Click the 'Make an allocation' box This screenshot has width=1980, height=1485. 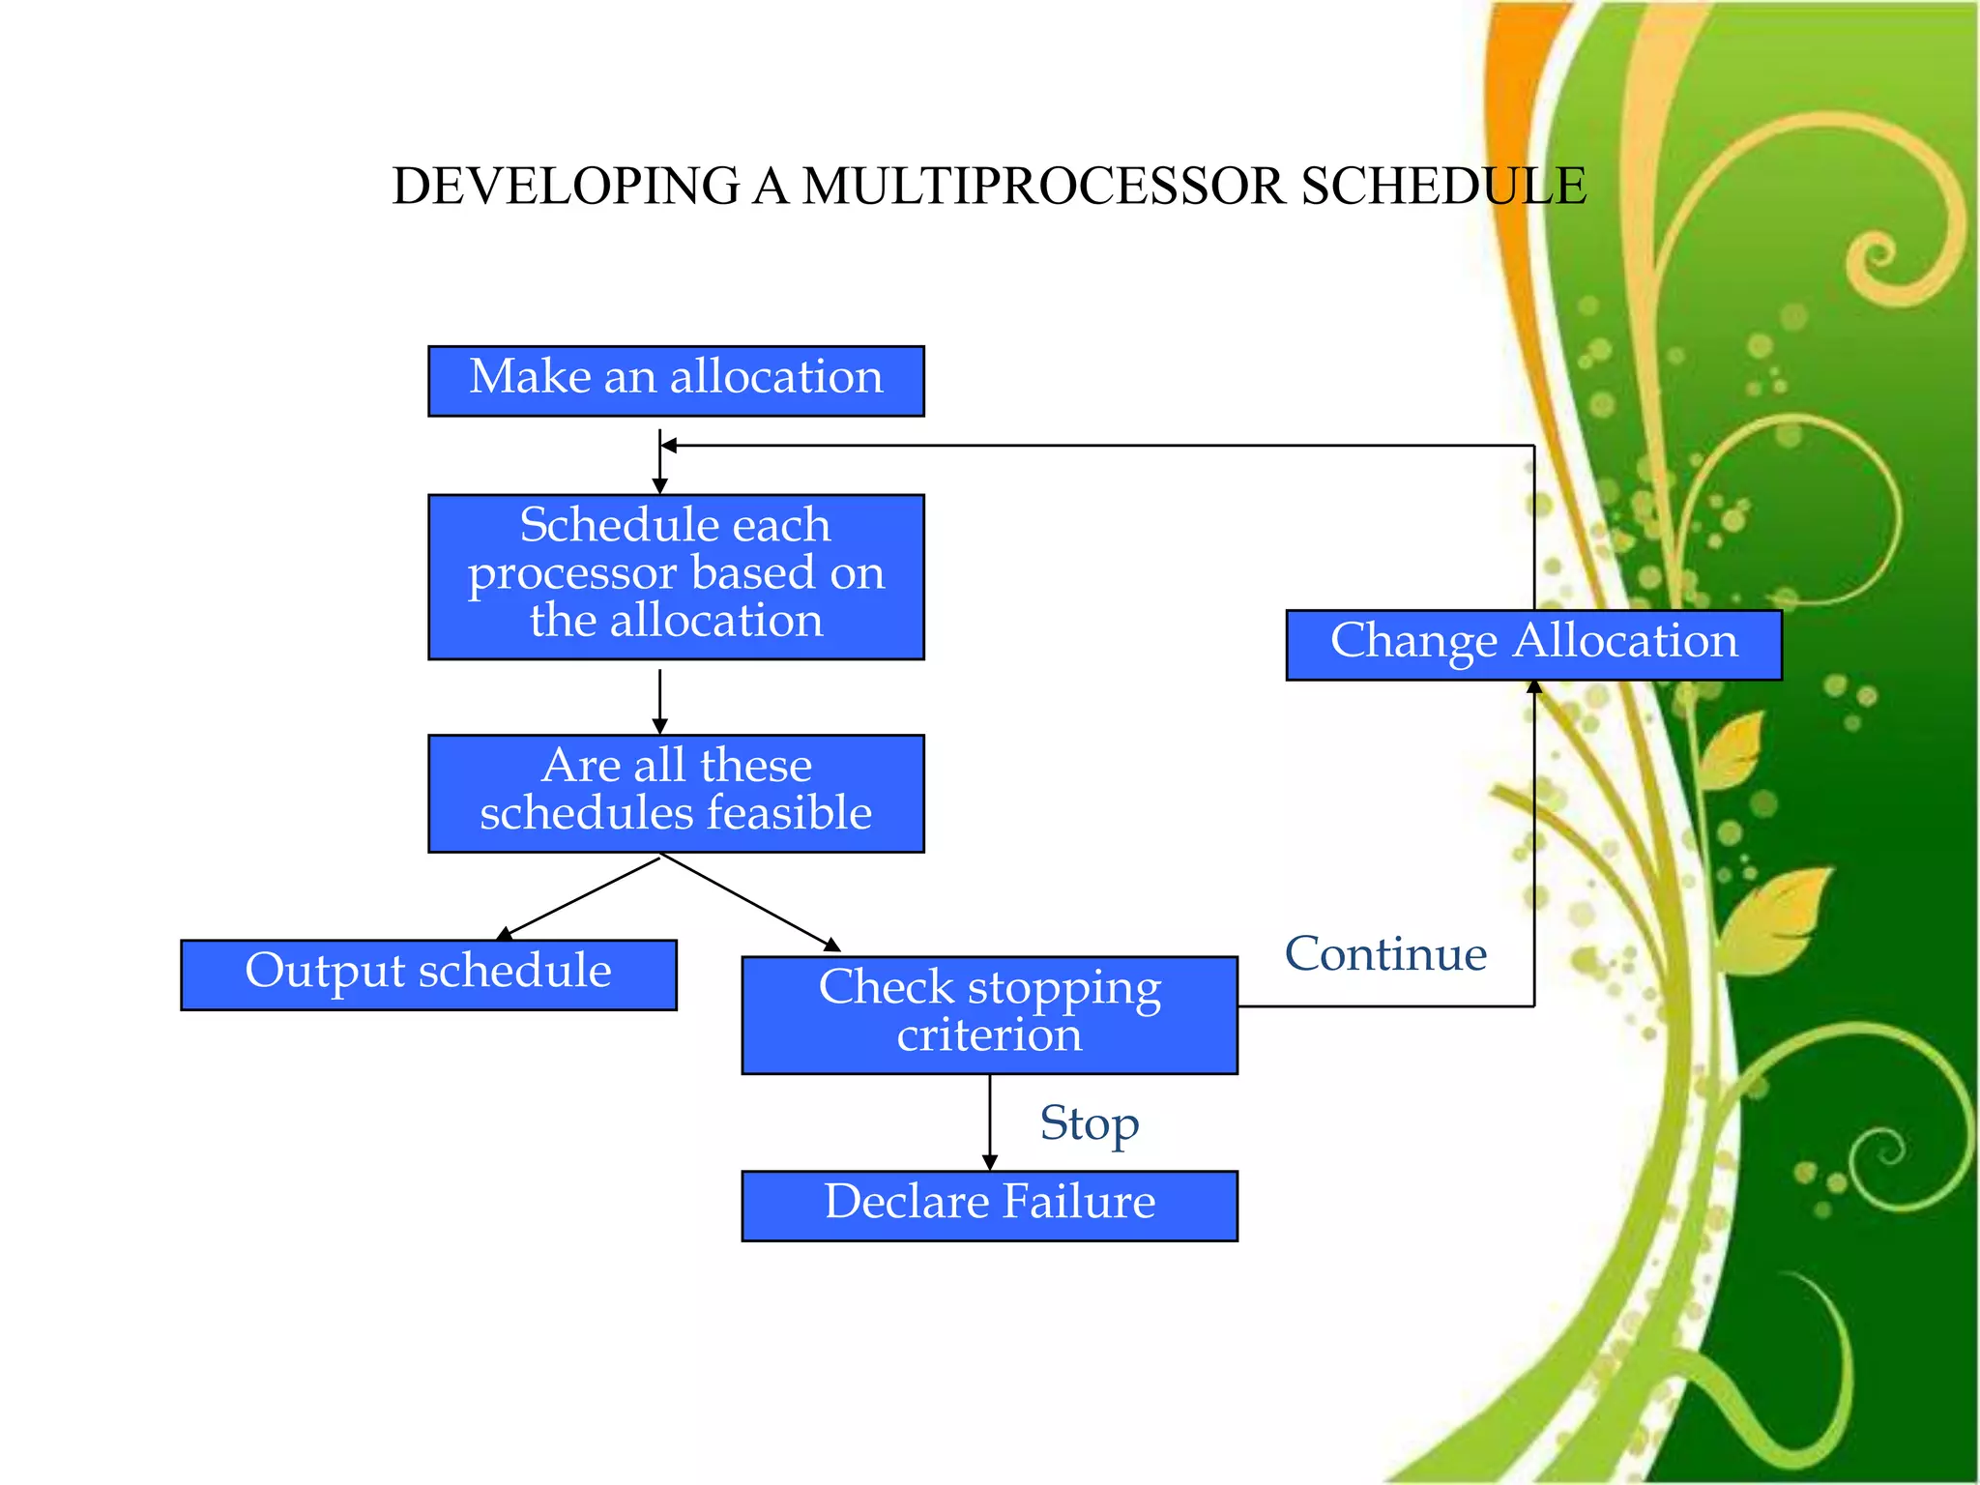[676, 381]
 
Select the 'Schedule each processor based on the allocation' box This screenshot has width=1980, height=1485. [676, 577]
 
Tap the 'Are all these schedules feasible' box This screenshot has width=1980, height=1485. [676, 794]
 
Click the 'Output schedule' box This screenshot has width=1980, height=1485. [428, 975]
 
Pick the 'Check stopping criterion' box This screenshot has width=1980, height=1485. [989, 1014]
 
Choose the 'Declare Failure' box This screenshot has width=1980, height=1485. [989, 1206]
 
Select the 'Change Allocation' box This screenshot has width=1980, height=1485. [1533, 645]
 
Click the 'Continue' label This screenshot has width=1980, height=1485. [1385, 954]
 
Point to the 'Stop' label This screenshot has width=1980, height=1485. [1089, 1124]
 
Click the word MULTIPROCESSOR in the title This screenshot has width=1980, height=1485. [1044, 186]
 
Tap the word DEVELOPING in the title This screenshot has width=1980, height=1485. [567, 186]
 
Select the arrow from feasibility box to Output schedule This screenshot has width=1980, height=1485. [580, 897]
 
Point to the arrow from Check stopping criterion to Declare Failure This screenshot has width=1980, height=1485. [989, 1121]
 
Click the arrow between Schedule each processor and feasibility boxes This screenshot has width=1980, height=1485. [660, 701]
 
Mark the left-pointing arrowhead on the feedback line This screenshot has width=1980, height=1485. [668, 446]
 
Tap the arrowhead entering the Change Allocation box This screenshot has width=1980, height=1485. [1534, 687]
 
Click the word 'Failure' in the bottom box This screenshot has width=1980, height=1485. [1078, 1202]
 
